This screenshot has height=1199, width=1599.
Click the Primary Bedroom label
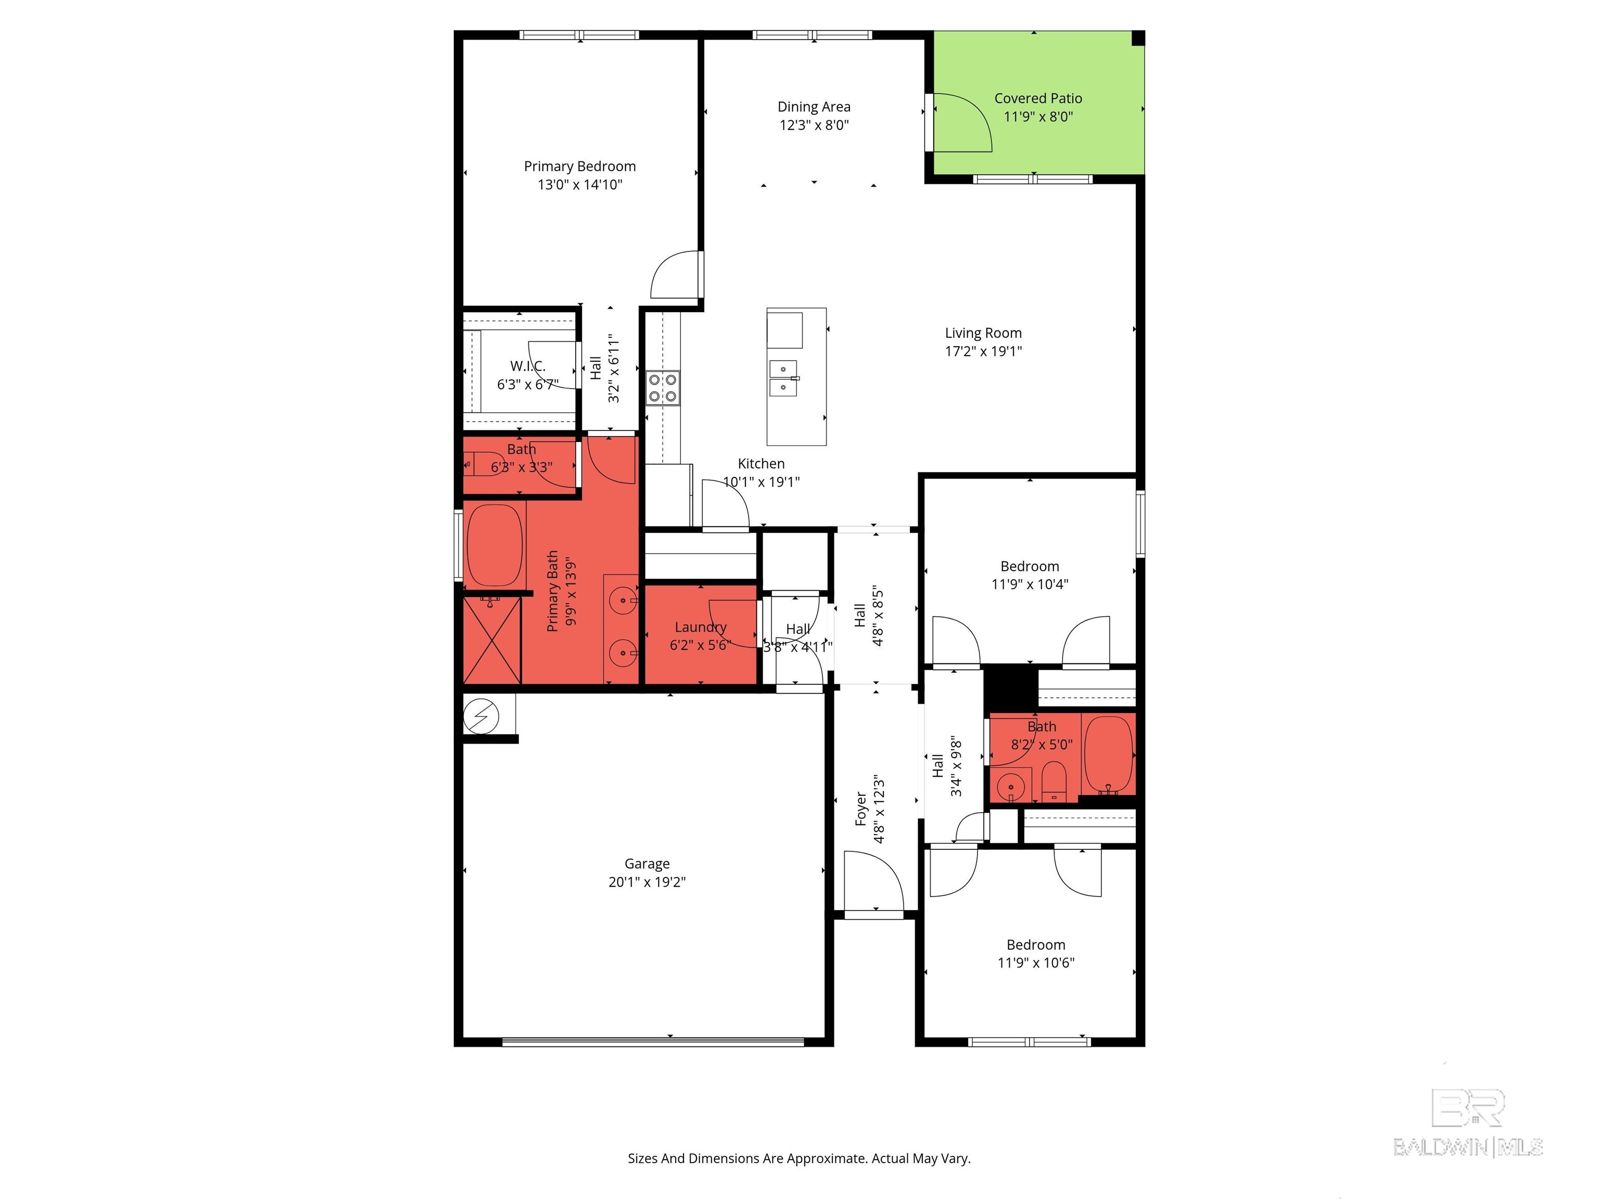[580, 166]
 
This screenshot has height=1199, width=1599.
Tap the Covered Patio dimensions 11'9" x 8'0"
[1038, 117]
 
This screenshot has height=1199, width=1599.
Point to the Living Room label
[983, 333]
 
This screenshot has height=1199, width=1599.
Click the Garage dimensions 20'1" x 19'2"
[647, 882]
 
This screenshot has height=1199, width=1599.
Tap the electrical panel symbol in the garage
[481, 716]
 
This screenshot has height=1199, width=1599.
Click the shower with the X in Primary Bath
[491, 640]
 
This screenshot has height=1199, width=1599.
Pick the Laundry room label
[701, 627]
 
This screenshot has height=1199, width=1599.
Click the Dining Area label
[814, 107]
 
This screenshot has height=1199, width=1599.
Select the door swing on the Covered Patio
[963, 123]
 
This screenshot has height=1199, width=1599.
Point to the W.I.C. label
[528, 366]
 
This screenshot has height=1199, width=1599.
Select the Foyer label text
[861, 809]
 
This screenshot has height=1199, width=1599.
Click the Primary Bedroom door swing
[676, 275]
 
